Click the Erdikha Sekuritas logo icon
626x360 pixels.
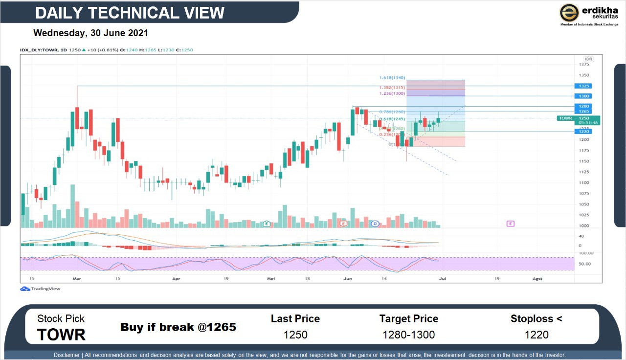pos(569,13)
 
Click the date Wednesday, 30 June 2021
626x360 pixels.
pos(90,33)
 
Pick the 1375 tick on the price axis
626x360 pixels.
pos(584,65)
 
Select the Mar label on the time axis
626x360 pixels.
pos(76,278)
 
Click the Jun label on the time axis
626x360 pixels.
pos(348,278)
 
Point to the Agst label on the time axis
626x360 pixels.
pos(537,278)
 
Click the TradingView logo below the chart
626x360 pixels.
pos(41,289)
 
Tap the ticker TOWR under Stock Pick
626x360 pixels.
pos(61,335)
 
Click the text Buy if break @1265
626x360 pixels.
pos(178,327)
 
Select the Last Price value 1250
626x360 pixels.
pos(295,335)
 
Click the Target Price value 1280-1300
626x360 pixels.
pos(409,335)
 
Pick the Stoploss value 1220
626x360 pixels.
pos(537,335)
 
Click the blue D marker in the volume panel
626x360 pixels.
pos(375,224)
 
